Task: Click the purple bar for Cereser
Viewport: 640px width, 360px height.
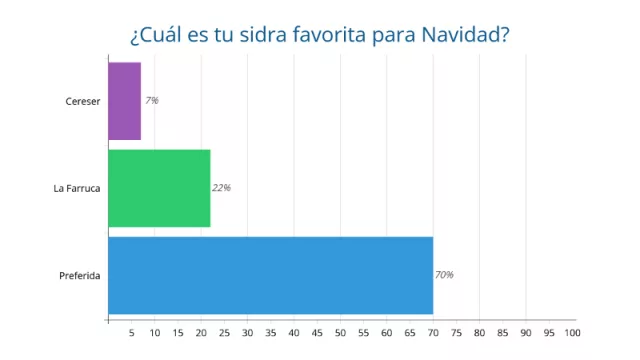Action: (124, 101)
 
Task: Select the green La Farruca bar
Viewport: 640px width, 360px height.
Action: (159, 188)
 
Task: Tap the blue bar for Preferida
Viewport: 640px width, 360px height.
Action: (270, 275)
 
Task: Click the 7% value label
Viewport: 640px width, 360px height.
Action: (152, 101)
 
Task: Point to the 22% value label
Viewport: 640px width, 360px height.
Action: (222, 188)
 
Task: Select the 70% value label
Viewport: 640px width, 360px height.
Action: (444, 275)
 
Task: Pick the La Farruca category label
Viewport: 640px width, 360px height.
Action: (76, 188)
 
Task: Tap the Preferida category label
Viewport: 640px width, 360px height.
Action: (79, 275)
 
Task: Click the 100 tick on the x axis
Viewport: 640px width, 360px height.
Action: (571, 332)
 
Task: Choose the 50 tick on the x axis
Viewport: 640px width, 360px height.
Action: (340, 332)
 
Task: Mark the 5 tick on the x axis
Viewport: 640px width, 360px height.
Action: (132, 332)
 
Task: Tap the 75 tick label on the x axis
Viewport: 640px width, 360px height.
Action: (456, 332)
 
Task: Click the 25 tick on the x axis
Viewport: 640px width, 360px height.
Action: (224, 332)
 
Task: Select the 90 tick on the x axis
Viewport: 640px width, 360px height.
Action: (526, 332)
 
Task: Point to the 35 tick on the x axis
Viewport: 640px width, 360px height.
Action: (271, 332)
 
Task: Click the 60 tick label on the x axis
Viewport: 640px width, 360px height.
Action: (387, 332)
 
